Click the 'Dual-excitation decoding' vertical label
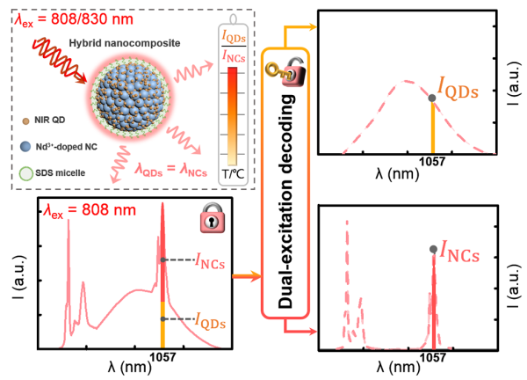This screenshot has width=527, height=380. click(285, 207)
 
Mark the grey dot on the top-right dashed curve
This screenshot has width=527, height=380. click(431, 97)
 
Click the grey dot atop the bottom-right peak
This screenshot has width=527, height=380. click(433, 250)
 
